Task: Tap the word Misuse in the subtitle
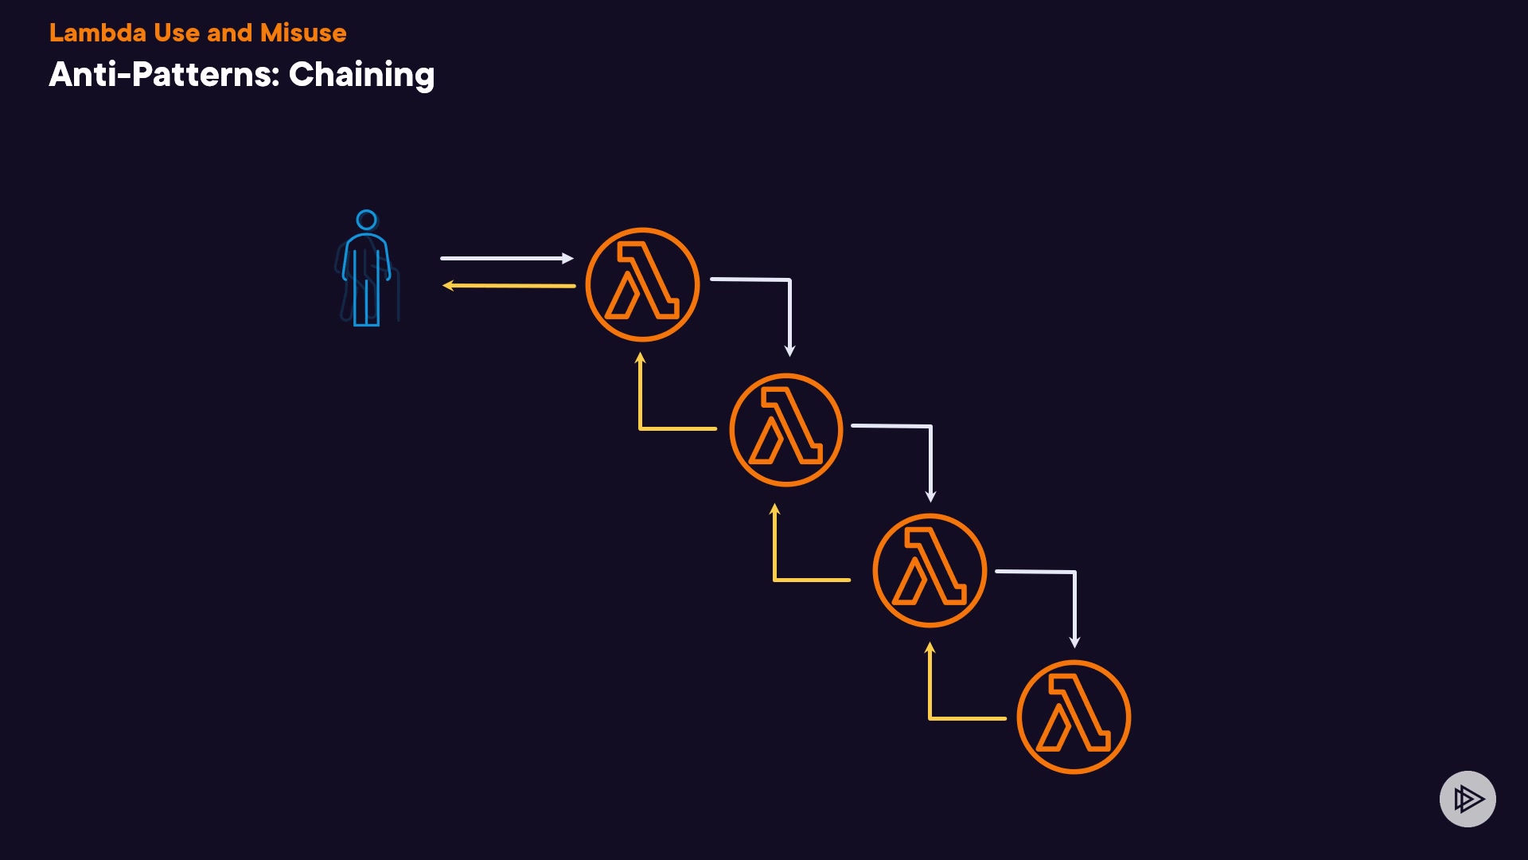(x=303, y=33)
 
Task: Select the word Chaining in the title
(x=361, y=75)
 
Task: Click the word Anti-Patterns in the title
(x=164, y=75)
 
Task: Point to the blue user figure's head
(x=366, y=220)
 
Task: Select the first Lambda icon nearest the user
(x=642, y=284)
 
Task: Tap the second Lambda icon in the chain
(x=785, y=430)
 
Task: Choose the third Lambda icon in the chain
(x=930, y=570)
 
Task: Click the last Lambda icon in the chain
(x=1074, y=717)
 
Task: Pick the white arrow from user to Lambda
(x=506, y=258)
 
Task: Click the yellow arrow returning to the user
(x=509, y=285)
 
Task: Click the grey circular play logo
(x=1468, y=799)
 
